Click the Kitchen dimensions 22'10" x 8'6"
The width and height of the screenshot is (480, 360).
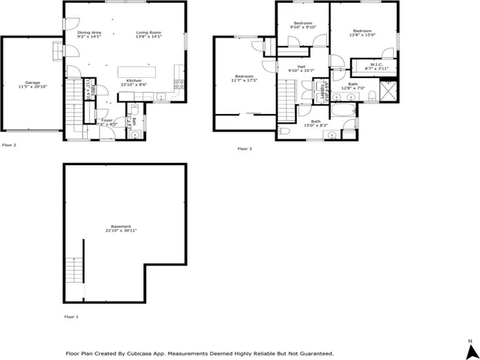click(x=134, y=85)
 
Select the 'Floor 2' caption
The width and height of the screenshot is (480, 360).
click(x=9, y=145)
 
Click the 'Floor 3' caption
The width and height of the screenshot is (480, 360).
click(x=244, y=149)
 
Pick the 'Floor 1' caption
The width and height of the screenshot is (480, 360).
click(x=71, y=317)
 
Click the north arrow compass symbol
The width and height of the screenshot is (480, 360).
click(x=469, y=350)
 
